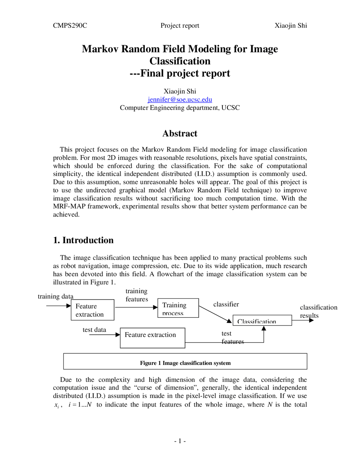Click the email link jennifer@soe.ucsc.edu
(180, 100)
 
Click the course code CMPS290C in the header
(70, 26)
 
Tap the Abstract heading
(180, 133)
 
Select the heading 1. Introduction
(83, 240)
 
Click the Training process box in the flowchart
(178, 308)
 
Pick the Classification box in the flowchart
(262, 320)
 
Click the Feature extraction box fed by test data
(152, 338)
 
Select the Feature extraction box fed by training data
(93, 310)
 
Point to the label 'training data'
(55, 296)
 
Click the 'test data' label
(94, 330)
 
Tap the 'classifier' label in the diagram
(226, 304)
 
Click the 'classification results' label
(318, 311)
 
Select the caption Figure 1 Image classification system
(185, 363)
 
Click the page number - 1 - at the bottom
(180, 441)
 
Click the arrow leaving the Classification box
(303, 320)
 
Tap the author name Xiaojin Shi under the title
(180, 91)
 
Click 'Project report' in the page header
(180, 26)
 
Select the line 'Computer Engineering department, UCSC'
(180, 108)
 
